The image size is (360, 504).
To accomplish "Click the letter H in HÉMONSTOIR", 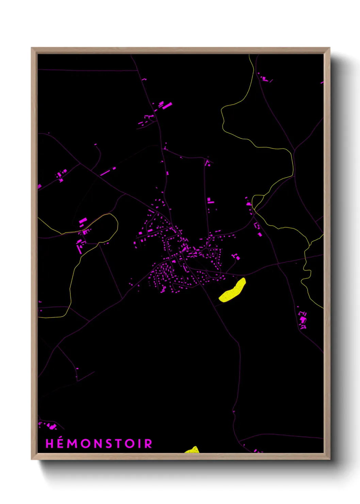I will (x=50, y=444).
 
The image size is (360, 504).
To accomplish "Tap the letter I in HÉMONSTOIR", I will (x=140, y=444).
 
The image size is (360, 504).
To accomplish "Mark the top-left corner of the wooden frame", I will (x=32, y=48).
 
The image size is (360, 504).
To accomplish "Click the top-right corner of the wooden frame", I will (x=329, y=48).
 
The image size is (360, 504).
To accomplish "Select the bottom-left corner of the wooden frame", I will (x=32, y=459).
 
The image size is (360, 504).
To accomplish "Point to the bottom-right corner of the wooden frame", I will (x=329, y=459).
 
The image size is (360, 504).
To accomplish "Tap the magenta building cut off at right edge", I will (x=322, y=82).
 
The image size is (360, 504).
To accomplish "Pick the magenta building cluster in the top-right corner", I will (x=264, y=78).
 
